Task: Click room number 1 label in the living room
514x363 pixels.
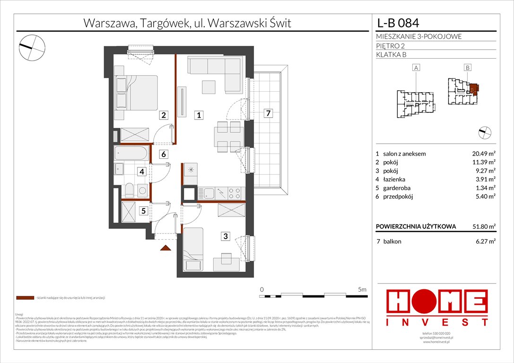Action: (x=200, y=115)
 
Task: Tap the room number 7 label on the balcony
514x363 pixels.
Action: (x=268, y=113)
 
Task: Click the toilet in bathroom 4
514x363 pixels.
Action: (x=129, y=190)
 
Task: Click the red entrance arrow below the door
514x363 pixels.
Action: (x=165, y=248)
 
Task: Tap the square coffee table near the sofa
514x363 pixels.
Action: (x=209, y=87)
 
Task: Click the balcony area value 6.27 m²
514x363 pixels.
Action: (x=484, y=242)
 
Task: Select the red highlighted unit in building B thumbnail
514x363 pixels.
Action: (x=474, y=88)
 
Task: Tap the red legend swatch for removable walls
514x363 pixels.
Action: (x=25, y=298)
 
